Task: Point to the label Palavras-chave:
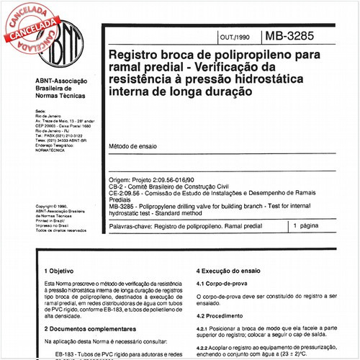(129, 225)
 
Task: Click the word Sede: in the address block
(40, 103)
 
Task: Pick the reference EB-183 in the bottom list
(66, 354)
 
